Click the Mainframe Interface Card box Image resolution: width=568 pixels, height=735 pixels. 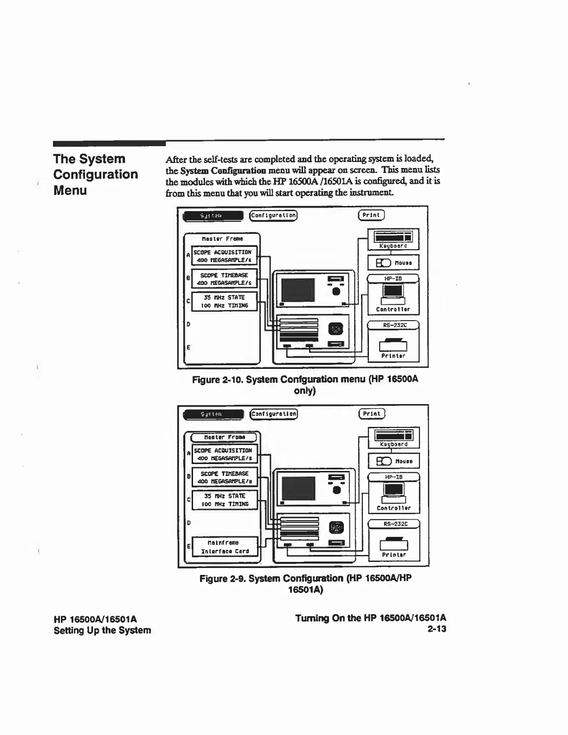tap(225, 547)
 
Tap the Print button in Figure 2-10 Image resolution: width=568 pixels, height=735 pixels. tap(371, 215)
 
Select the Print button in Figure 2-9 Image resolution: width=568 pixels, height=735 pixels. tap(372, 413)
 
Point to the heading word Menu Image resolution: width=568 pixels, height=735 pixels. tap(70, 190)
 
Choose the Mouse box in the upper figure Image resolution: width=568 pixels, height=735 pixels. tap(393, 263)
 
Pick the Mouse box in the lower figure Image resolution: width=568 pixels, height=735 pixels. tap(394, 461)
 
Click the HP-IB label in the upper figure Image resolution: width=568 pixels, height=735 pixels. tap(393, 278)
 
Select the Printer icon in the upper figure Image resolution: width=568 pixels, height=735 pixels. tap(393, 345)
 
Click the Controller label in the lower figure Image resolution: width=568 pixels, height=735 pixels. tap(394, 508)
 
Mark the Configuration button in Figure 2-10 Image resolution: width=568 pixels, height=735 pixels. tap(273, 215)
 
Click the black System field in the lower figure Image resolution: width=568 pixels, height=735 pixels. tap(213, 414)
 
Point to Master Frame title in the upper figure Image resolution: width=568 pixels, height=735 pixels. tap(222, 239)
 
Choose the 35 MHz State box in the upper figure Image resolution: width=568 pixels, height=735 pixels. tap(225, 302)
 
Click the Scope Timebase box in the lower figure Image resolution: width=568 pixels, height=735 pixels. tap(225, 477)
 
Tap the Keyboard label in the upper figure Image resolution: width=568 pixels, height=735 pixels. tap(393, 246)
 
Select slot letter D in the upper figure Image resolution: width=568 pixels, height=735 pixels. tap(188, 324)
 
